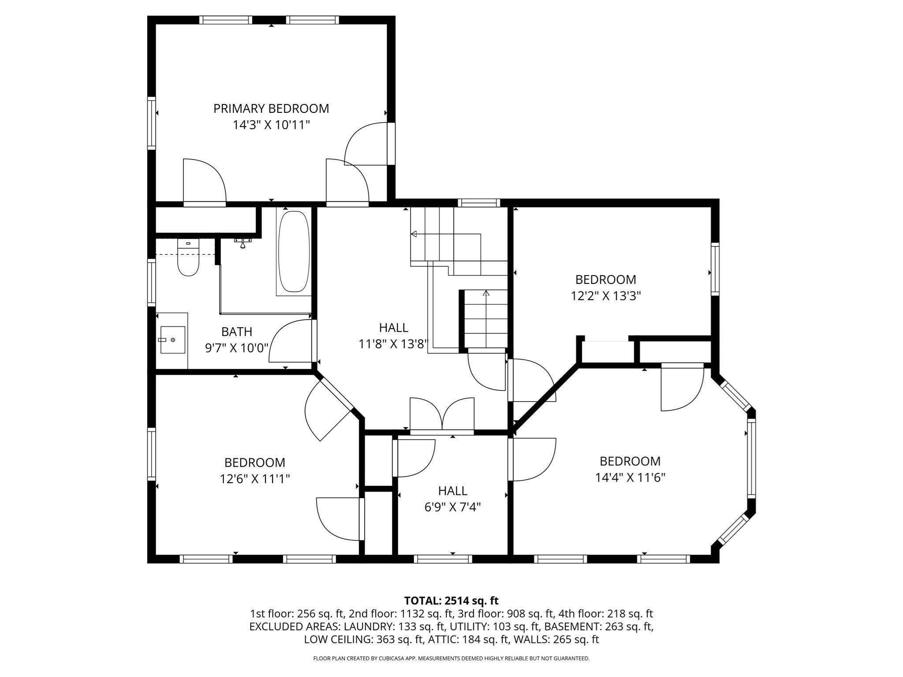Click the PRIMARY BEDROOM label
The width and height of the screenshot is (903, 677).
[x=271, y=108]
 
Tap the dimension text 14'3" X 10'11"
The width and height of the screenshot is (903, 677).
[x=271, y=125]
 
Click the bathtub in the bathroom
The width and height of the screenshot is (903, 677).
[x=294, y=251]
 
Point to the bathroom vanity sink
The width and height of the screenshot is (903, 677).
[x=172, y=339]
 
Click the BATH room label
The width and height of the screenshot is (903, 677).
[x=237, y=331]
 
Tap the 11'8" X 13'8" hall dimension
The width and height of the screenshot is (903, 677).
[x=393, y=344]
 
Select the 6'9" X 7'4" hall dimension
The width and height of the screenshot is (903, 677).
[x=452, y=507]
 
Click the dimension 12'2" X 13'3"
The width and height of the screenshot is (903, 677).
[x=606, y=296]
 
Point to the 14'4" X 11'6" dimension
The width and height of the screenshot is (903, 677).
[x=630, y=478]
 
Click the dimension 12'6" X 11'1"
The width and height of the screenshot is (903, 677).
[x=255, y=479]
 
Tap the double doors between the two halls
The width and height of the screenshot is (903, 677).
[x=442, y=417]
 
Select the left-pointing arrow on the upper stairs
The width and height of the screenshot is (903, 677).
[x=414, y=234]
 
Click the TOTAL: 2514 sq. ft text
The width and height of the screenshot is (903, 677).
[x=451, y=601]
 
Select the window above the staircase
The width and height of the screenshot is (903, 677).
[x=479, y=203]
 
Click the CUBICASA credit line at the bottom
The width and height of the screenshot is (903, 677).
[x=451, y=658]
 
